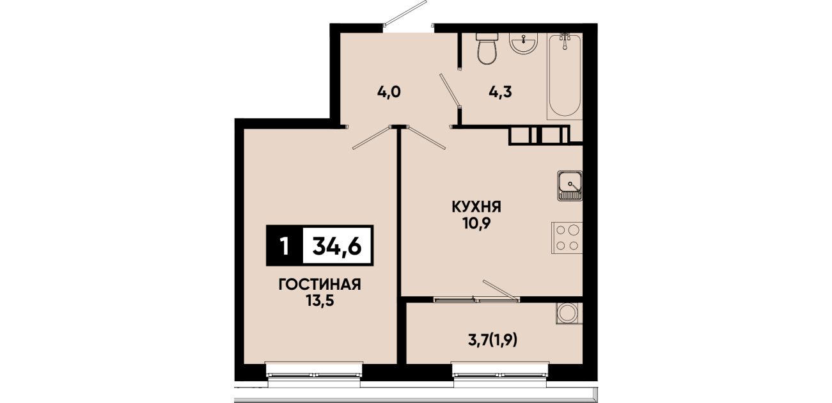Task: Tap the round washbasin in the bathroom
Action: click(523, 43)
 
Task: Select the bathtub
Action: click(565, 76)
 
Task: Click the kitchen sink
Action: click(570, 186)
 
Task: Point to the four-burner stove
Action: click(567, 238)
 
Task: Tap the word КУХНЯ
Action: click(476, 207)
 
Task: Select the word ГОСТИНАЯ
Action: click(320, 285)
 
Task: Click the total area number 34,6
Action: click(337, 246)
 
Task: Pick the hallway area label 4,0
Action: click(389, 91)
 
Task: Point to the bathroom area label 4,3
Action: click(500, 91)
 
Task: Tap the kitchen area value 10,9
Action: click(476, 223)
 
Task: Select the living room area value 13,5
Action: click(320, 301)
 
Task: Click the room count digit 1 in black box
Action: click(285, 246)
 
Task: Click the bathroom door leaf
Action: click(450, 91)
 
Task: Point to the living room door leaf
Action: click(372, 138)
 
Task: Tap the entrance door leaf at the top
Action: click(405, 13)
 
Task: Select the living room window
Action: click(314, 374)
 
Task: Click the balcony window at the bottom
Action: click(500, 374)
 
